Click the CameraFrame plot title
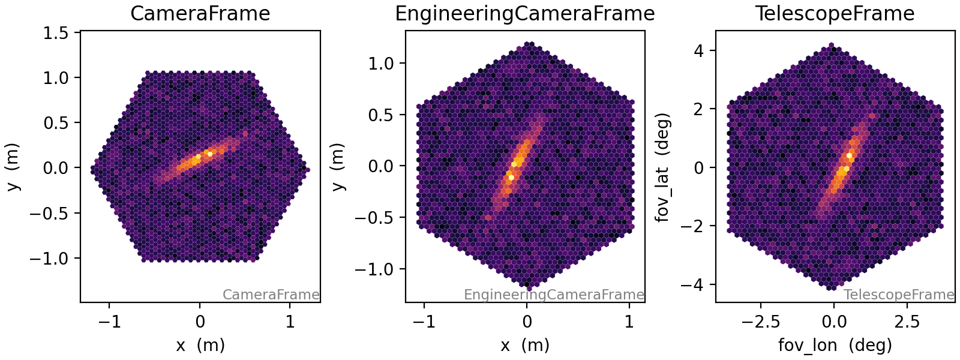200,13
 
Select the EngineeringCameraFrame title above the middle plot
524,13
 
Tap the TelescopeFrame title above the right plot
835,13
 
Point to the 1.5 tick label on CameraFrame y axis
58,33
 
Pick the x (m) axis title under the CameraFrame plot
200,345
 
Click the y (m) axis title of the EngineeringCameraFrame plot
339,166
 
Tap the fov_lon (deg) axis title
835,345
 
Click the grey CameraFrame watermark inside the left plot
271,295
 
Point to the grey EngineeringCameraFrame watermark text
553,295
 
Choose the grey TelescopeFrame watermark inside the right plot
898,295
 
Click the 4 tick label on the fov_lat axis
697,50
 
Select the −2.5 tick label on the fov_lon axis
760,322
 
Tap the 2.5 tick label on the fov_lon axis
907,322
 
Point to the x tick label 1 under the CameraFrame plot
290,322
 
